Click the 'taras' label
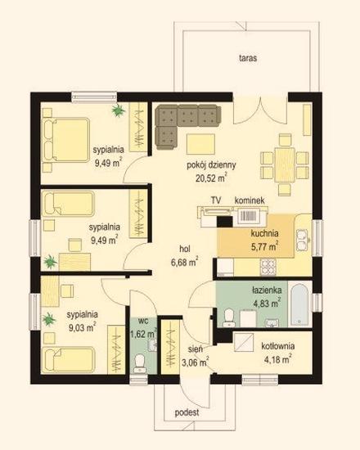click(248, 58)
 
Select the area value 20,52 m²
click(211, 178)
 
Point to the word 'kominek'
click(250, 200)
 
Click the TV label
click(216, 200)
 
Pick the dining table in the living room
click(285, 164)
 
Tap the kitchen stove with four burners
click(268, 267)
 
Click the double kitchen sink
click(302, 240)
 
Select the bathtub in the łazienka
click(299, 304)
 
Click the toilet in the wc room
click(140, 363)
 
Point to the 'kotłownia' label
click(277, 346)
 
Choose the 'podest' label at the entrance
click(187, 412)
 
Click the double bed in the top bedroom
click(65, 141)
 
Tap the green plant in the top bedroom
click(119, 110)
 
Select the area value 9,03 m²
click(83, 327)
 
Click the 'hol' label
click(185, 249)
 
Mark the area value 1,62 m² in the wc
click(143, 334)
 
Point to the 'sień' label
click(196, 349)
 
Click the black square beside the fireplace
click(225, 222)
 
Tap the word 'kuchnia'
click(264, 233)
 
